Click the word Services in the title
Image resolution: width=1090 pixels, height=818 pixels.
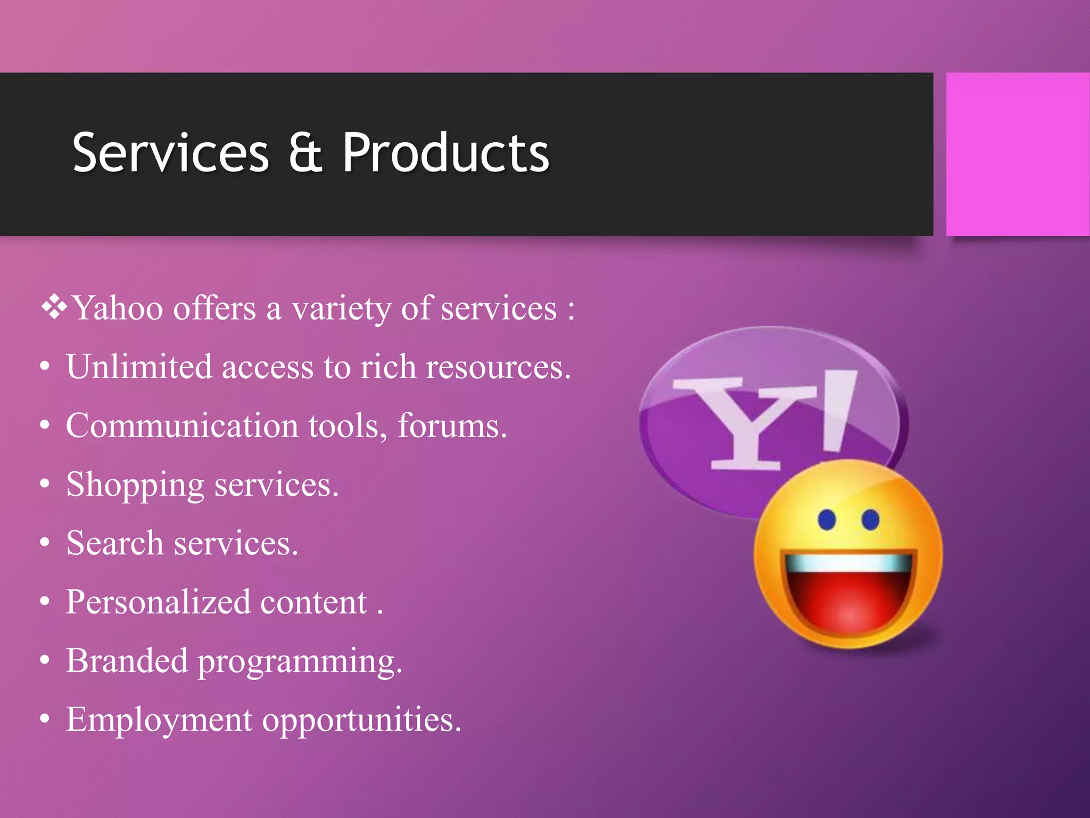170,153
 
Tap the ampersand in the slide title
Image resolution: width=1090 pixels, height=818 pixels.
305,153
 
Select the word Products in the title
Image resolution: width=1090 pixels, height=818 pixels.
445,153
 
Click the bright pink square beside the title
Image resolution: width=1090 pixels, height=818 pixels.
1018,154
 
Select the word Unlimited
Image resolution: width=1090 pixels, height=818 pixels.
139,367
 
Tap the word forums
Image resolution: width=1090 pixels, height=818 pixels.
452,426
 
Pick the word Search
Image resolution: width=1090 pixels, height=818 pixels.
114,543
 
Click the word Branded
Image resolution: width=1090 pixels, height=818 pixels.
127,661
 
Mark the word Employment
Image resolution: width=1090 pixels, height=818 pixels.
159,720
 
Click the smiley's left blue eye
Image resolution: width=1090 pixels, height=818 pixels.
827,520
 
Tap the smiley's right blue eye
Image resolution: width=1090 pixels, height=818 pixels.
870,519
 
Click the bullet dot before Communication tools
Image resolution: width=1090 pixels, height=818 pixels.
45,426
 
